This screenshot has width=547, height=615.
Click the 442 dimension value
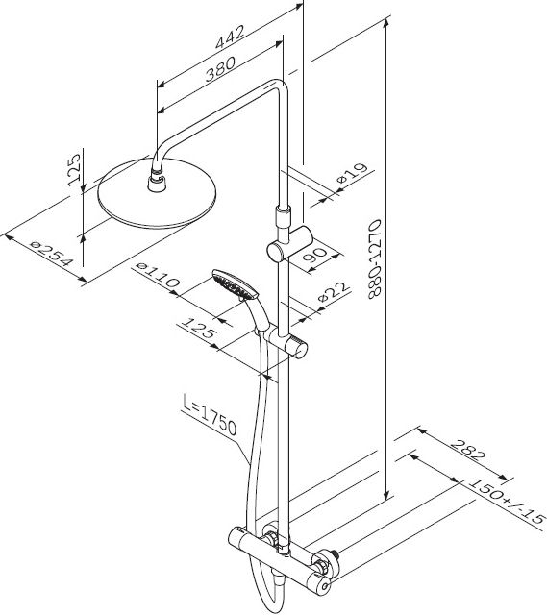tap(230, 37)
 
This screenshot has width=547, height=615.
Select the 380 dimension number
tap(220, 68)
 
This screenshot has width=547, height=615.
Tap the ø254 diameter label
tap(52, 254)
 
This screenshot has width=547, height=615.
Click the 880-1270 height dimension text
tap(375, 259)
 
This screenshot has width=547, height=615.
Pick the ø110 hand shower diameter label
tap(158, 275)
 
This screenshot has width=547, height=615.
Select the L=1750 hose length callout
tap(210, 415)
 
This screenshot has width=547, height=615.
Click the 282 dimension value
tap(468, 450)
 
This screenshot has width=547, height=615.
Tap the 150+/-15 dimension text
tap(507, 502)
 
